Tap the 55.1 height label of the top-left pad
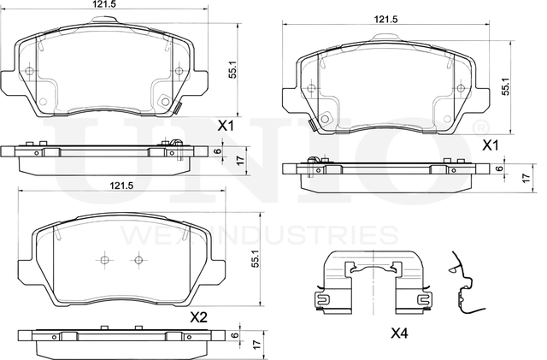(x=232, y=72)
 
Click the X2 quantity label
(x=198, y=316)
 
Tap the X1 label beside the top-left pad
(x=226, y=126)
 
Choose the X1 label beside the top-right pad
(x=491, y=145)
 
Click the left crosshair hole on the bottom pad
(x=103, y=260)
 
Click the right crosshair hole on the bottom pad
(x=136, y=260)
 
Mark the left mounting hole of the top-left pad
(x=31, y=71)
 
